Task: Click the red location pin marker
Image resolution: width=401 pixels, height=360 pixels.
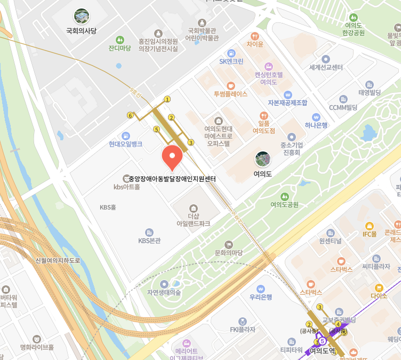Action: tap(172, 156)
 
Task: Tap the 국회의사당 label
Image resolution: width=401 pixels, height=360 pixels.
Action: tap(81, 31)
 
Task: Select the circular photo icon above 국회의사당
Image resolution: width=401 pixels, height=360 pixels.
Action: tap(82, 17)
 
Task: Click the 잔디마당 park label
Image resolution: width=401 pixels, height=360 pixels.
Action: tap(119, 48)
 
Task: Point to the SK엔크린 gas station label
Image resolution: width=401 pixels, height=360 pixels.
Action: tap(231, 61)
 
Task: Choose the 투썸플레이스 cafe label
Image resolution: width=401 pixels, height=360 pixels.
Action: tap(230, 93)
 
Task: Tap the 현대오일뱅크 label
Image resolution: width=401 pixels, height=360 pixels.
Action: tap(125, 144)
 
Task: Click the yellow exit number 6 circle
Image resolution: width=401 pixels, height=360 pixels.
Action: tap(130, 115)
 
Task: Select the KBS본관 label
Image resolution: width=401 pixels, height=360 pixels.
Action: tap(149, 241)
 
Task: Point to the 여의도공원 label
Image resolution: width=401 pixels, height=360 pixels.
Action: tap(284, 204)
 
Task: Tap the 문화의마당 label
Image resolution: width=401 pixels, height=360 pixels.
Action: tap(228, 252)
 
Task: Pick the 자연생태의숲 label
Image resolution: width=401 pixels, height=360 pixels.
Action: tap(164, 292)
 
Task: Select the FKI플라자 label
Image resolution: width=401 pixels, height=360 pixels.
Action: tap(243, 329)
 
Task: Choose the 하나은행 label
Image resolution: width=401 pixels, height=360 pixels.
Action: tap(316, 125)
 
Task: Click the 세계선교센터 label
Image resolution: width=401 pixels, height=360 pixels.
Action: tap(326, 68)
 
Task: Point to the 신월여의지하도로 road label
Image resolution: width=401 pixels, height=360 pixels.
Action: tap(57, 260)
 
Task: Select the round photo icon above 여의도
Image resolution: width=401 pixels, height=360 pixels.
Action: tap(262, 158)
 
